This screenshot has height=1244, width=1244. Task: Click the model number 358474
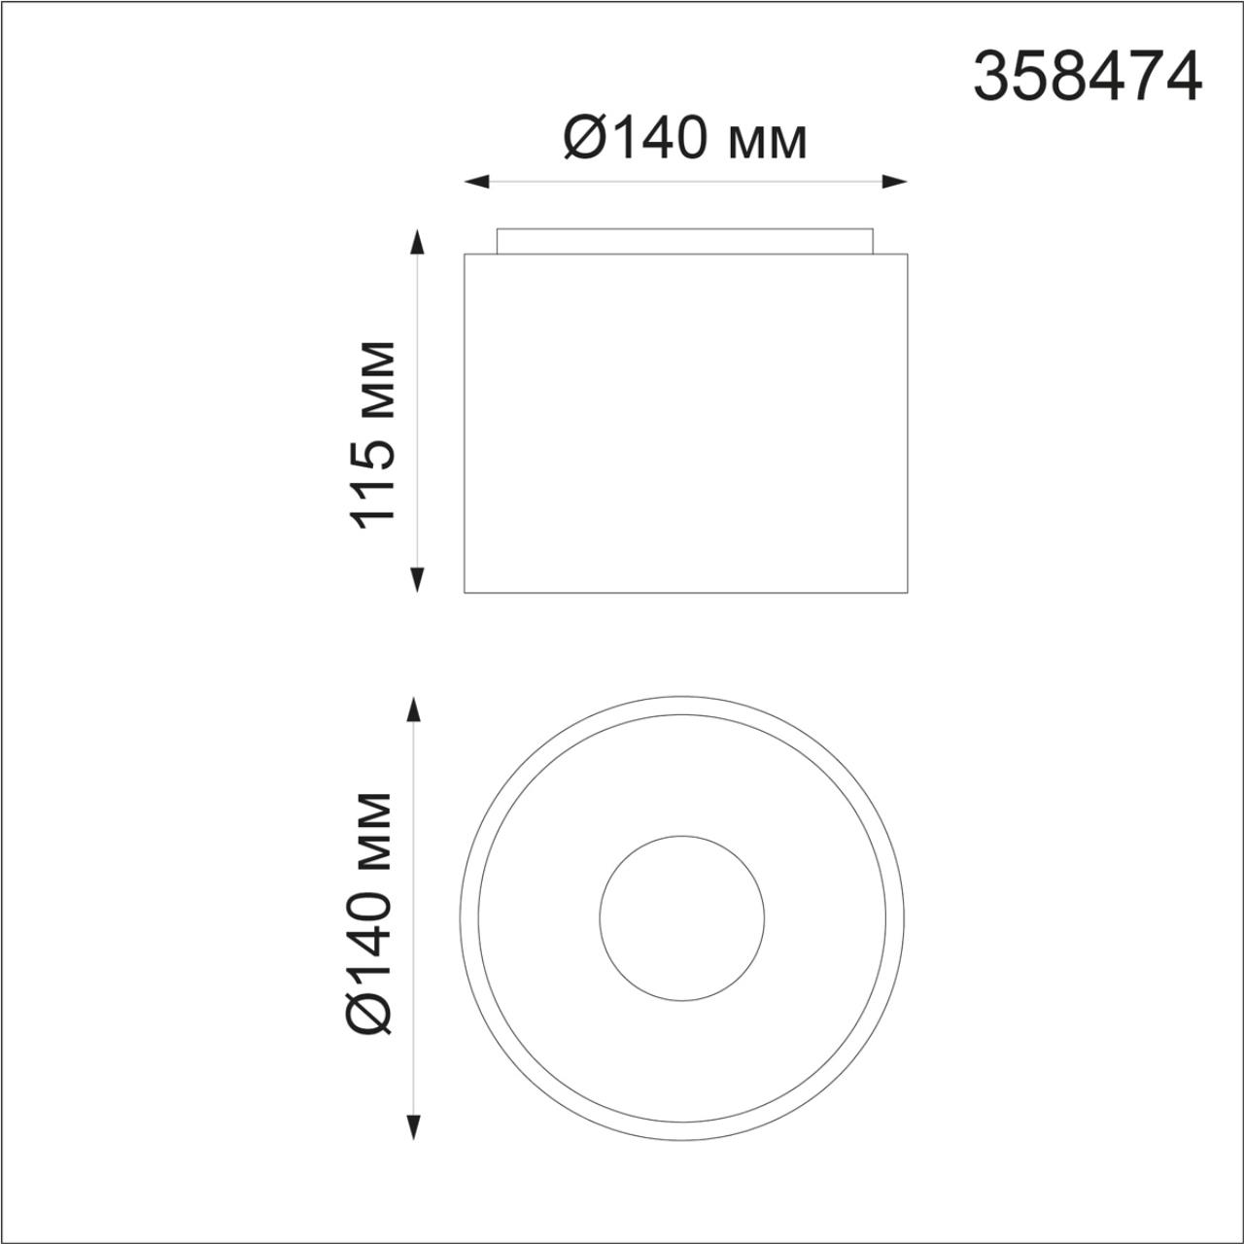tap(1088, 77)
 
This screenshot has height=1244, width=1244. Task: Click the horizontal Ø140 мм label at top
tap(685, 140)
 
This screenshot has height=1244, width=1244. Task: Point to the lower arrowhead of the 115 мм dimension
tap(418, 580)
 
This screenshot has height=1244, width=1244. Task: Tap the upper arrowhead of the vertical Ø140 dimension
tap(414, 709)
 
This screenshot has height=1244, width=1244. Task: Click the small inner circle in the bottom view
tap(682, 916)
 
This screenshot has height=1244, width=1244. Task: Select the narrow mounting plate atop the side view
tap(685, 241)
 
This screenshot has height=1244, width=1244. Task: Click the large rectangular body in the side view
tap(685, 423)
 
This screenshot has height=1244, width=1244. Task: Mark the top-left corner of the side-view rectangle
tap(465, 255)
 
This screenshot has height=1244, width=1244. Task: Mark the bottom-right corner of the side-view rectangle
tap(907, 591)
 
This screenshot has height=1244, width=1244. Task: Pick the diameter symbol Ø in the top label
tap(585, 140)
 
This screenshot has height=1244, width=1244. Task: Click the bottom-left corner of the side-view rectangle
tap(465, 591)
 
